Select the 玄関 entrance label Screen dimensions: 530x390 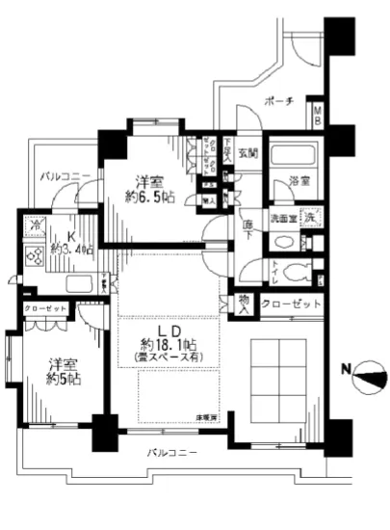pos(247,153)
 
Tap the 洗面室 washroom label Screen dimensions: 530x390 pos(280,218)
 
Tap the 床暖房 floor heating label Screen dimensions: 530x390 pos(208,415)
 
